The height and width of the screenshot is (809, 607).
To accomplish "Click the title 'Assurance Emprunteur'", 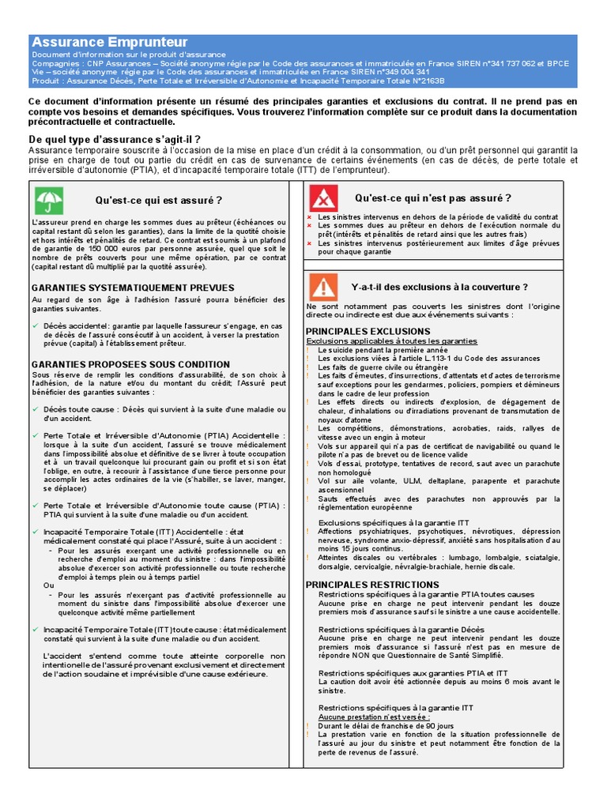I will click(x=109, y=42).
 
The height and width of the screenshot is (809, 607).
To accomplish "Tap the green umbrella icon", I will click(x=50, y=200).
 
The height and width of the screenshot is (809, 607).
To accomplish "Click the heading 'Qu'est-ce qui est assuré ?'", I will click(x=159, y=201).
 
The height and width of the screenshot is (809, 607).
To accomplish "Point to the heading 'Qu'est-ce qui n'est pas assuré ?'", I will click(x=432, y=198).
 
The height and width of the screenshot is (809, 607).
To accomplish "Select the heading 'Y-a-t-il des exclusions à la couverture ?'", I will click(x=439, y=287).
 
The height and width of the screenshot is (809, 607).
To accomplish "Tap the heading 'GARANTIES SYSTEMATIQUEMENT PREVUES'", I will click(x=133, y=288).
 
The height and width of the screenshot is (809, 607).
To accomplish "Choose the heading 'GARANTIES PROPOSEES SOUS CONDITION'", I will click(x=130, y=364).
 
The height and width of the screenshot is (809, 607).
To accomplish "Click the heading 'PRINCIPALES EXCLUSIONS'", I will click(x=368, y=331).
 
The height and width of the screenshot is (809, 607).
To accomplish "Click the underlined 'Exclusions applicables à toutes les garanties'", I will click(x=391, y=341).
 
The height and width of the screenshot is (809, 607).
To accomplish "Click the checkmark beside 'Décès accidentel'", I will click(x=36, y=325).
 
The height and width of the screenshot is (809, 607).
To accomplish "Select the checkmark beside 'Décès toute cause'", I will click(x=36, y=409).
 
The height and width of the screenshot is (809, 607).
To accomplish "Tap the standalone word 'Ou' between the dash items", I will click(x=49, y=585).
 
